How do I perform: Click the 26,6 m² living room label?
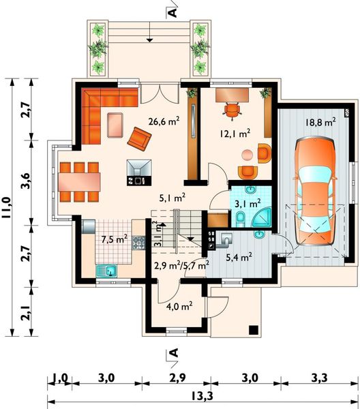164,121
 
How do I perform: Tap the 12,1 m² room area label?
235,133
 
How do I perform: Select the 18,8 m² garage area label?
320,121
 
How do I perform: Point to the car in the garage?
315,192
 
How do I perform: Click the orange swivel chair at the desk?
232,110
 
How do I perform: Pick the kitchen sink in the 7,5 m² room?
107,271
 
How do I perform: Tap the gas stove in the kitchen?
138,243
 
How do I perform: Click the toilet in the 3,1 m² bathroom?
240,219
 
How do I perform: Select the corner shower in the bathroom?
262,218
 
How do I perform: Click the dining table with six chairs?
79,182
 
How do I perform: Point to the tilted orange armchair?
139,139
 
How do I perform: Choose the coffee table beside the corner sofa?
115,125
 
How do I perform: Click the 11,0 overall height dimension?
7,207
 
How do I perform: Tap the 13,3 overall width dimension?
202,396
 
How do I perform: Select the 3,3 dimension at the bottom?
319,378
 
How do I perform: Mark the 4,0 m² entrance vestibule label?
179,306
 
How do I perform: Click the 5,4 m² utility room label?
239,258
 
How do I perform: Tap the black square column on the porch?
254,330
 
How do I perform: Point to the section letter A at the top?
173,12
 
